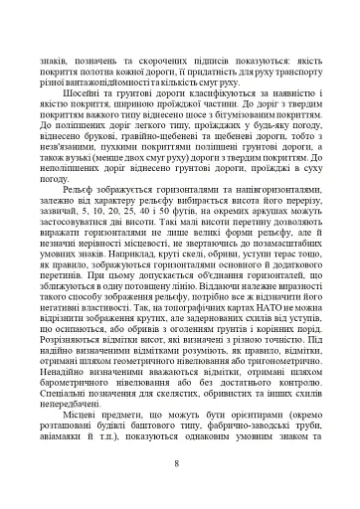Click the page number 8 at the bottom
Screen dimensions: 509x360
point(179,463)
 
